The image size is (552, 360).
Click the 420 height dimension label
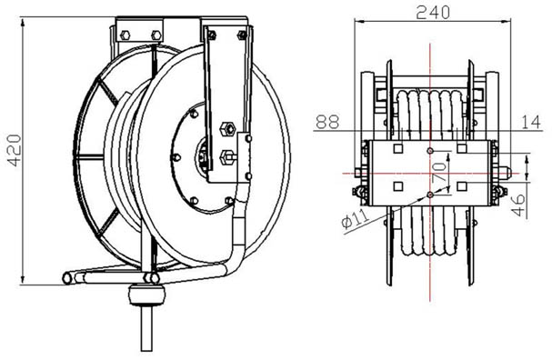[x=15, y=150]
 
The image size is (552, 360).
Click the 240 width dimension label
[x=433, y=13]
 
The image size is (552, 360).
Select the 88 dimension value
[x=327, y=122]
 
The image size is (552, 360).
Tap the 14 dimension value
[x=530, y=122]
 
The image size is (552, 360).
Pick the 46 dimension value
[x=518, y=205]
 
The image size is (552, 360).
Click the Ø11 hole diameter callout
[x=356, y=218]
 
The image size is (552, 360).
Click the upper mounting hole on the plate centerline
[x=430, y=151]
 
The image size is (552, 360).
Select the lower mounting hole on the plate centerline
[x=430, y=195]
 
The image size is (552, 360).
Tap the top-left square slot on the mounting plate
[x=398, y=148]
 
